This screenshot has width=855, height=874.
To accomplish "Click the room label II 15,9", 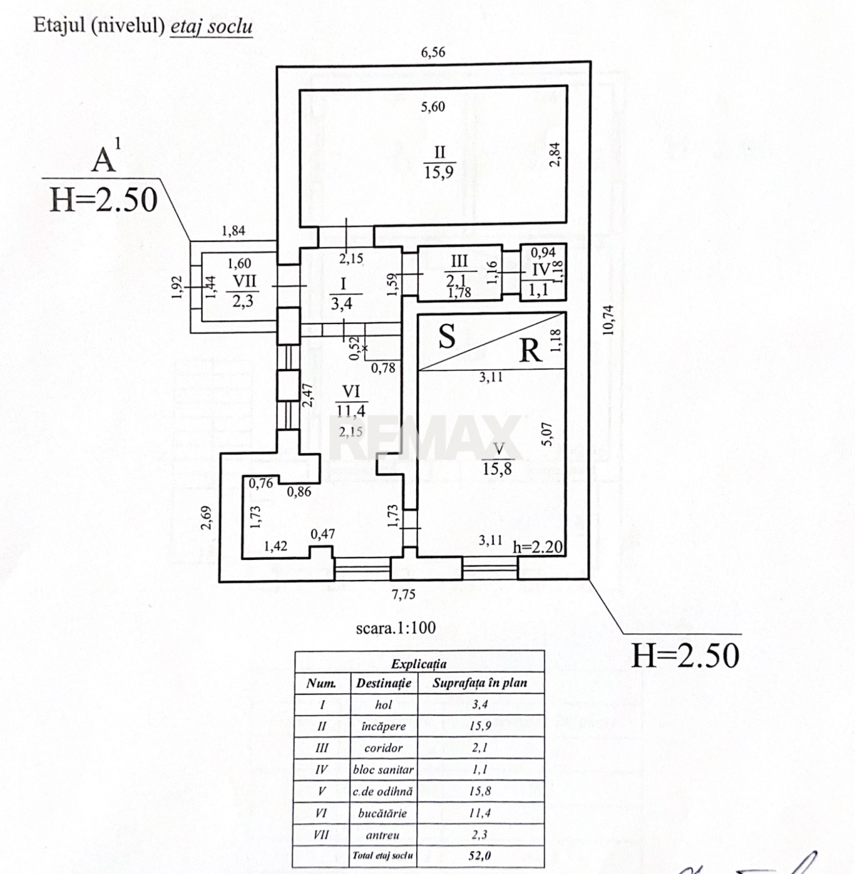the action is click(x=439, y=162).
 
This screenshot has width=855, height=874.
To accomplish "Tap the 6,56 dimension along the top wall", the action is click(x=432, y=52).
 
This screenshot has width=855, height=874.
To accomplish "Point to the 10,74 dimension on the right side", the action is click(x=608, y=320).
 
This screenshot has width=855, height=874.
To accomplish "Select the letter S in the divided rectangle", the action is click(x=447, y=336).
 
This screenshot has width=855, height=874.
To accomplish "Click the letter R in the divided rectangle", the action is click(x=530, y=350).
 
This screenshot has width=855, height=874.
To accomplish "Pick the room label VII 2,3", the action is click(x=243, y=291).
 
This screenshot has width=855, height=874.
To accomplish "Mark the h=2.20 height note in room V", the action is click(x=538, y=546).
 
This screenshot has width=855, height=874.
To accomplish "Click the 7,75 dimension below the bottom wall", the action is click(x=403, y=594).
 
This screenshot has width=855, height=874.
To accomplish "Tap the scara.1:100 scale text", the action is click(x=396, y=628).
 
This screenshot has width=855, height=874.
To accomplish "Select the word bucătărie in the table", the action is click(x=383, y=813).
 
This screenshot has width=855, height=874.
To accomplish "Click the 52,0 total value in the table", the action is click(x=480, y=855).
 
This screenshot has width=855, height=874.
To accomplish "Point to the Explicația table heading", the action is click(x=419, y=664).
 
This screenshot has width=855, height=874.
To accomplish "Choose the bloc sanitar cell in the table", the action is click(x=383, y=770).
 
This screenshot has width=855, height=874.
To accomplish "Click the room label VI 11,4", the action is click(x=351, y=400).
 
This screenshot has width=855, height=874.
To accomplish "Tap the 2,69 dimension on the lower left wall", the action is click(x=206, y=518).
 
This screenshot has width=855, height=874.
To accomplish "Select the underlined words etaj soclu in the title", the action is click(x=211, y=26).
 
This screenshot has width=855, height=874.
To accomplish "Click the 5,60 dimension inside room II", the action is click(x=432, y=106).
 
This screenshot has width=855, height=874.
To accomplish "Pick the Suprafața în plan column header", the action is click(x=480, y=683).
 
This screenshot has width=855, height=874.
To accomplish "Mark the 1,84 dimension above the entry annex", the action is click(x=234, y=231).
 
